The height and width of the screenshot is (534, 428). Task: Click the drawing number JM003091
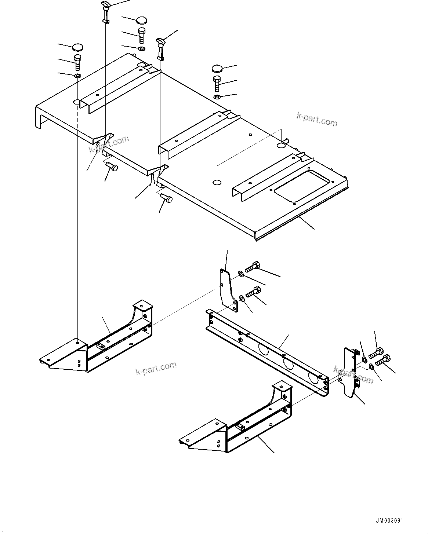[389, 520]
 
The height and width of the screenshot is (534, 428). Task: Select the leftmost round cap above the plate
[77, 47]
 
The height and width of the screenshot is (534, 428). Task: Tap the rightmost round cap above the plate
[217, 69]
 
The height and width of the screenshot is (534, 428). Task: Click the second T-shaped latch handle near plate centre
[160, 47]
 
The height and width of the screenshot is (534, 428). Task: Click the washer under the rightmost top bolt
[217, 97]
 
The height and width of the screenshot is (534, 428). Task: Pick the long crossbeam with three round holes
[268, 352]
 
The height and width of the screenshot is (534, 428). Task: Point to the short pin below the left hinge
[112, 167]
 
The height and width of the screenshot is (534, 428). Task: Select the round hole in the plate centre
[217, 182]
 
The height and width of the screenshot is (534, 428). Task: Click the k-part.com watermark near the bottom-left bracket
[156, 368]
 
